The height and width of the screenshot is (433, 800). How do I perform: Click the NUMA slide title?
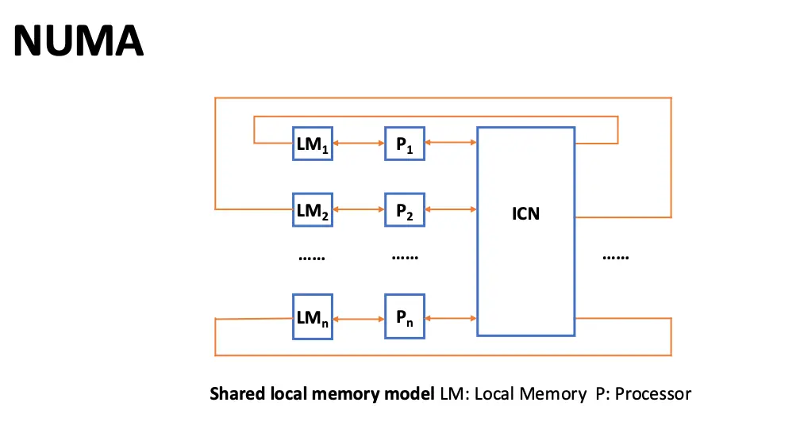79,40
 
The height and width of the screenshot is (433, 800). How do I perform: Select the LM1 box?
312,143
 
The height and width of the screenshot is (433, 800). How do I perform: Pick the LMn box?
312,316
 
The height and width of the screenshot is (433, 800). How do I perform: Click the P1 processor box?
405,143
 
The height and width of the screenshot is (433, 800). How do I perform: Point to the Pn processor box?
405,316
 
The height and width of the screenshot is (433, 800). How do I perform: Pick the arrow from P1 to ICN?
451,143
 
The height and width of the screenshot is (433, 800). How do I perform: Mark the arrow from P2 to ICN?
451,209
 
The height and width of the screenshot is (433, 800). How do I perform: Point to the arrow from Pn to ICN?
451,318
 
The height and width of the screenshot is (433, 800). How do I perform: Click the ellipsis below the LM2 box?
311,258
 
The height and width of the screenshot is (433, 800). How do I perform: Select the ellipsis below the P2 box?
405,258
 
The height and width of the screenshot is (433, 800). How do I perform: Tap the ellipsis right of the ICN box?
616,258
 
